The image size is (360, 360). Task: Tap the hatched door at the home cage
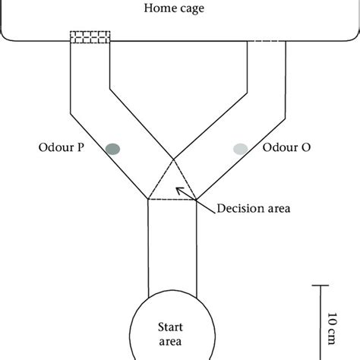pyautogui.click(x=90, y=38)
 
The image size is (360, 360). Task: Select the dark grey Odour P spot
pyautogui.click(x=113, y=147)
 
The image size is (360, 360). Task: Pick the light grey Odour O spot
pyautogui.click(x=241, y=148)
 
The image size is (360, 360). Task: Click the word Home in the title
pyautogui.click(x=165, y=8)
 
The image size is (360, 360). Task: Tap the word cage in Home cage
pyautogui.click(x=195, y=8)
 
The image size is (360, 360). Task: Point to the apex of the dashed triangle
pyautogui.click(x=174, y=159)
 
